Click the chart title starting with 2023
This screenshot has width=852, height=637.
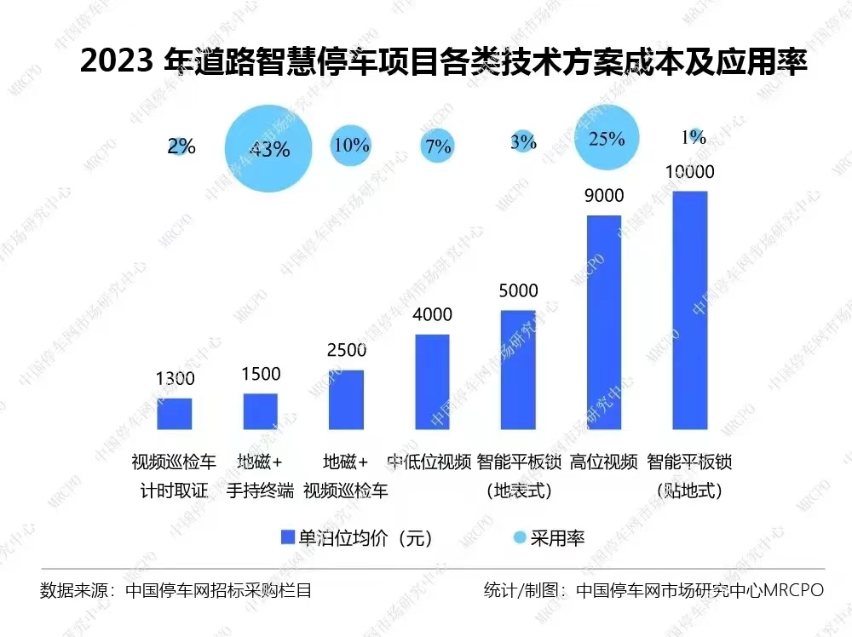coord(443,62)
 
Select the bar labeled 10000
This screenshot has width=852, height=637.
coord(690,310)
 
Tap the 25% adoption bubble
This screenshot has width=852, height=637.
coord(607,138)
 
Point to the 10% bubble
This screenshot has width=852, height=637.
coord(351,145)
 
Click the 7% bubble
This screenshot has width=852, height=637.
coord(437,146)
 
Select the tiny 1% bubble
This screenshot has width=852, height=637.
coord(695,135)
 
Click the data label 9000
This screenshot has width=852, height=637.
coord(604,196)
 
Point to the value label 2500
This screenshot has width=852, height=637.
coord(347,350)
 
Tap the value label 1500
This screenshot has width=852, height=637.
coord(261,374)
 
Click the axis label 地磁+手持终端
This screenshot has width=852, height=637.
coord(261,476)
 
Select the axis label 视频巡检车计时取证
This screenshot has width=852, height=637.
coord(175,476)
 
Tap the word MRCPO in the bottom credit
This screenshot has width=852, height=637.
coord(793,590)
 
